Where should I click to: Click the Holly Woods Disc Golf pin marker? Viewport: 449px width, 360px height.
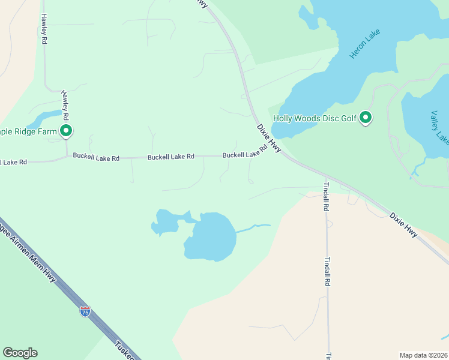366,118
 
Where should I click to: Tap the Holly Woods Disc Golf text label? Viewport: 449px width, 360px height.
315,118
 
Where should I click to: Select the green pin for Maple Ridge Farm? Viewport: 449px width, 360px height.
66,130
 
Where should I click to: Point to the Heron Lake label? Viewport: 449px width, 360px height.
363,46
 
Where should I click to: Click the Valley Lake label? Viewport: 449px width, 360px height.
439,127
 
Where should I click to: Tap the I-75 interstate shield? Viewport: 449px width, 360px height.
85,311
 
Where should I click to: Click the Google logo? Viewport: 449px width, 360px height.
20,353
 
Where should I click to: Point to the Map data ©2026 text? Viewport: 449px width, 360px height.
423,355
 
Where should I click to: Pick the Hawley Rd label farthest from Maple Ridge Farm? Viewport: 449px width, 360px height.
44,29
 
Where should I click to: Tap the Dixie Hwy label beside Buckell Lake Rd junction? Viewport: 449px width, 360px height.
269,138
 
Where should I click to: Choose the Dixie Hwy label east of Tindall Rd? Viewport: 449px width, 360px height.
403,224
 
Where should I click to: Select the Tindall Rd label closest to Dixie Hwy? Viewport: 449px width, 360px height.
327,196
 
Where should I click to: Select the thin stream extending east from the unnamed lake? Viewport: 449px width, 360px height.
252,227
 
